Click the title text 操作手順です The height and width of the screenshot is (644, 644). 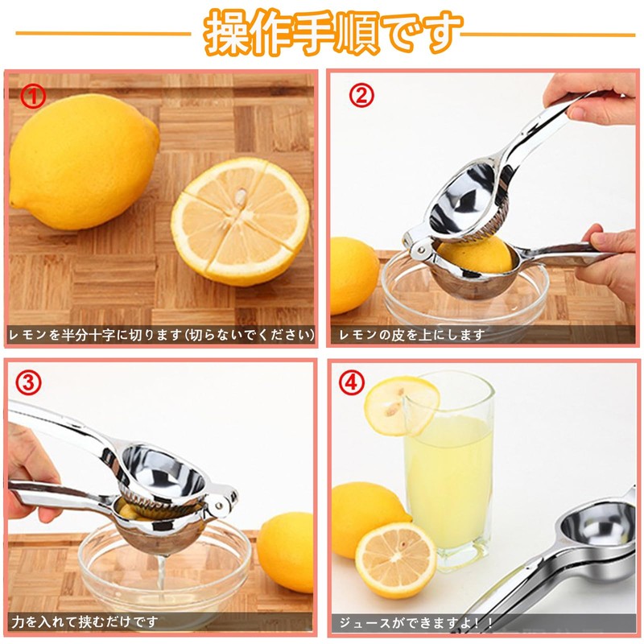click(333, 32)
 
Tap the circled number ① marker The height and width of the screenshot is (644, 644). click(33, 97)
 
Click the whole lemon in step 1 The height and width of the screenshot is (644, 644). click(84, 161)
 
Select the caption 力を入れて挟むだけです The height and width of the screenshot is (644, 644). click(85, 621)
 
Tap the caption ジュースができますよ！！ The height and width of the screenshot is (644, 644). click(415, 621)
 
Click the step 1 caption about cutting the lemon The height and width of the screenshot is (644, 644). click(161, 334)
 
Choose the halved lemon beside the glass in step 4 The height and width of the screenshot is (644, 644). click(395, 559)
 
